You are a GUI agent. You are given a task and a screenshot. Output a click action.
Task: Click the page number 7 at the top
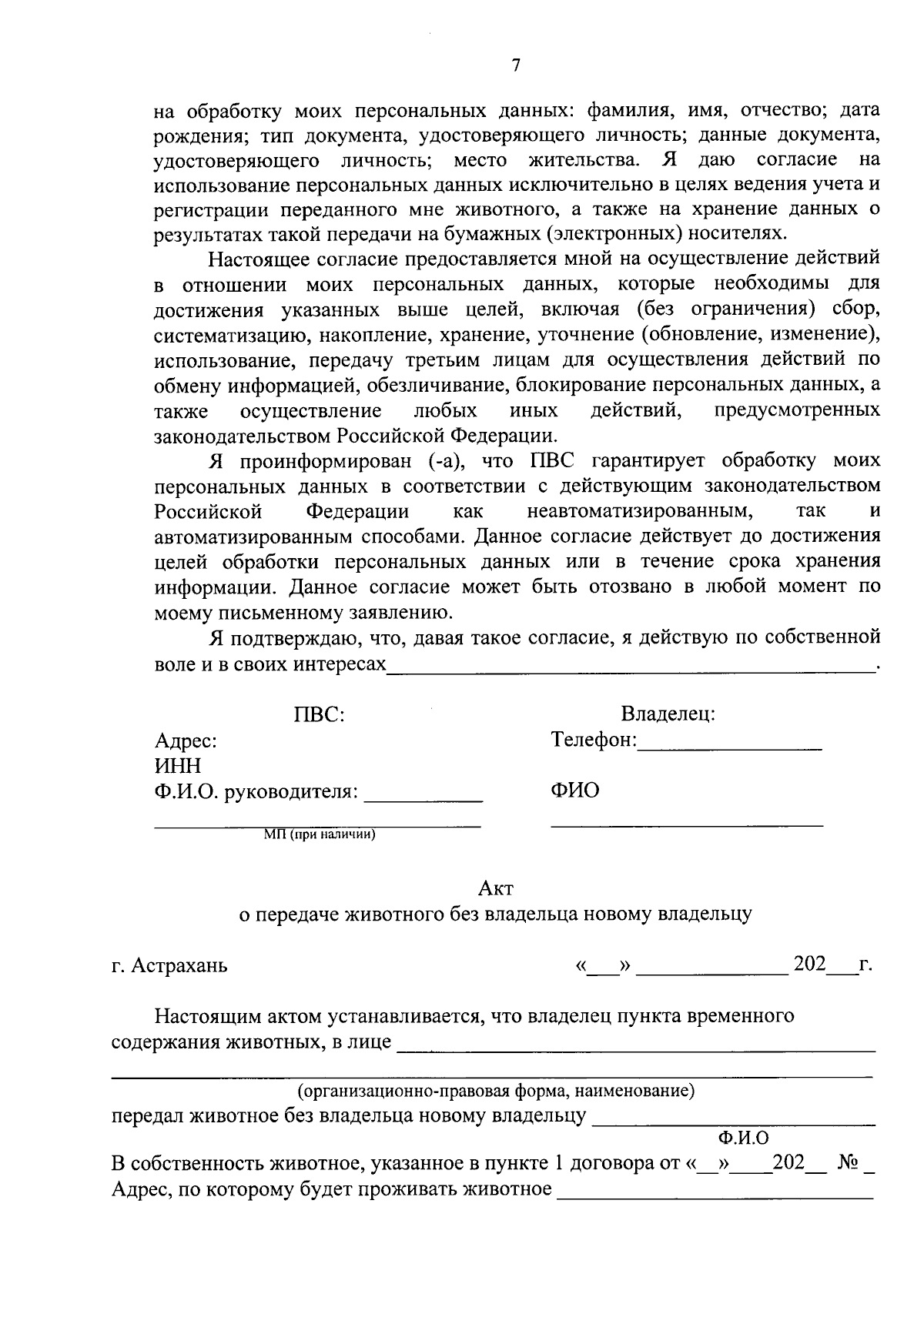click(516, 66)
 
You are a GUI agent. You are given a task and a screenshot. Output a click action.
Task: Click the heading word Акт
click(495, 888)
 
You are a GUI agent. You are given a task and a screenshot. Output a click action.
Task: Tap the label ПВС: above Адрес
click(320, 714)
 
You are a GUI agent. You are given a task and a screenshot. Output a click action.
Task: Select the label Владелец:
click(668, 714)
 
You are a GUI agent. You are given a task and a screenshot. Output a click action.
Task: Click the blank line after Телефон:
click(730, 744)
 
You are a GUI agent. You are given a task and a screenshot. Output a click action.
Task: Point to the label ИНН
click(178, 766)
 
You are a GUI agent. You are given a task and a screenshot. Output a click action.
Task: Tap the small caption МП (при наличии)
click(319, 834)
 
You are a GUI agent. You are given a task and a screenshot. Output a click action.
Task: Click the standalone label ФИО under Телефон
click(574, 791)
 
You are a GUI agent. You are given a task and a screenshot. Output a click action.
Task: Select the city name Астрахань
click(179, 965)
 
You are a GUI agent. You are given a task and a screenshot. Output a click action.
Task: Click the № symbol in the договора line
click(848, 1163)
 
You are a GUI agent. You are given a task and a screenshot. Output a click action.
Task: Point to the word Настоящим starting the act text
click(205, 1016)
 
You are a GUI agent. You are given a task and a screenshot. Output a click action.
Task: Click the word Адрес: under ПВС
click(186, 741)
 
